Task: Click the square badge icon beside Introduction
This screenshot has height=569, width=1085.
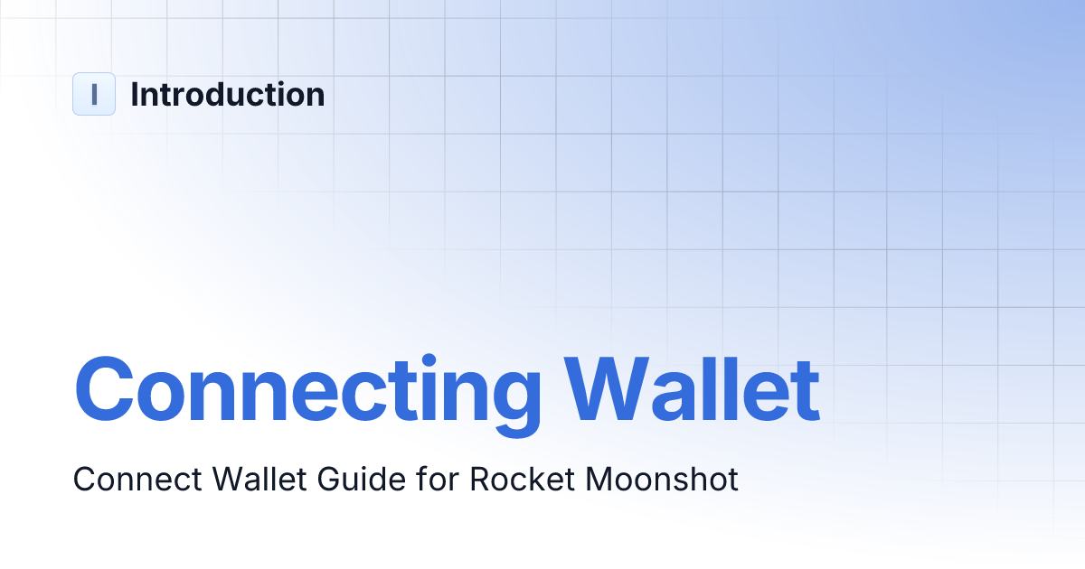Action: (x=94, y=94)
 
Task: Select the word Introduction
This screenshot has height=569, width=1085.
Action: (x=228, y=94)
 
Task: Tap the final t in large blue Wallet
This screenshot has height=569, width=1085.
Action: (x=803, y=391)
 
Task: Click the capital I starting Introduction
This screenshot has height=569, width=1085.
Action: (x=135, y=94)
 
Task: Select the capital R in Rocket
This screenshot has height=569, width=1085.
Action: (x=480, y=479)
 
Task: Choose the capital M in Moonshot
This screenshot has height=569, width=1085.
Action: (x=599, y=479)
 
